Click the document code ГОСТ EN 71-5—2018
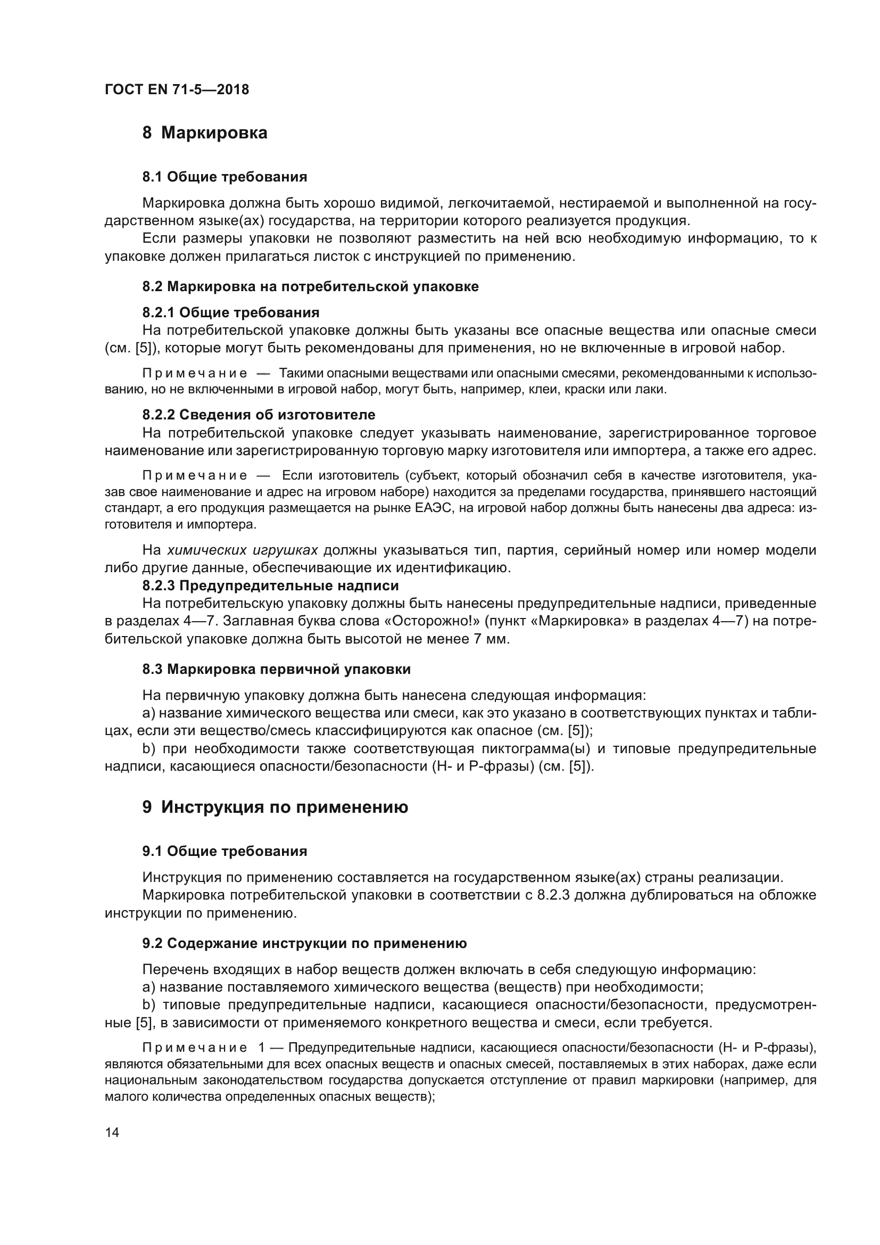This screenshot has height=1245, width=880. click(177, 90)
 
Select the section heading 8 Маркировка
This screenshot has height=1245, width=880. click(205, 133)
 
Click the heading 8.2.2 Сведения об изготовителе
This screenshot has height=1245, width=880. click(259, 415)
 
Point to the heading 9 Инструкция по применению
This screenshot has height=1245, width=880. click(275, 807)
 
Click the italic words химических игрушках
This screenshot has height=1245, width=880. click(242, 550)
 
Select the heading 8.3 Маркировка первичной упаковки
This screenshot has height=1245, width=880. click(276, 669)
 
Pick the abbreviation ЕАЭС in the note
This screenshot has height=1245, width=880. click(433, 509)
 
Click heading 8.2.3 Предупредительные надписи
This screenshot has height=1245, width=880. click(270, 586)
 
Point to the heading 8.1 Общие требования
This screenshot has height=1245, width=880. click(225, 177)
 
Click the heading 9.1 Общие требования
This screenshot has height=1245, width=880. click(225, 851)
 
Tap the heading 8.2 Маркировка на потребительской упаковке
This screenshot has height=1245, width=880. click(311, 286)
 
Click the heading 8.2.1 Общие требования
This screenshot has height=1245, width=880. click(230, 313)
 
